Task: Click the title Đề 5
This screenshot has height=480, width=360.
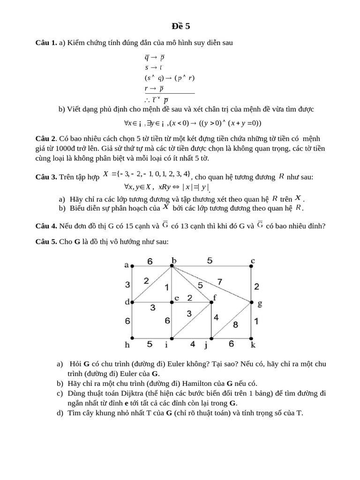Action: click(180, 26)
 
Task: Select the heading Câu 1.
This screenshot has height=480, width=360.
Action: click(46, 43)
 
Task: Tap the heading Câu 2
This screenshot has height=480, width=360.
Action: click(46, 139)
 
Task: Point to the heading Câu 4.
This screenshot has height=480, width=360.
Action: click(46, 225)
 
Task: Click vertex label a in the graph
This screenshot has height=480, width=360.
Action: click(126, 265)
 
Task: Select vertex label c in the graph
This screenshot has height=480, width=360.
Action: click(252, 261)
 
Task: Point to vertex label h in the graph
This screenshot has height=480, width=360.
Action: click(127, 345)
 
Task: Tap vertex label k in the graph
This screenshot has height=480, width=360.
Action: click(253, 345)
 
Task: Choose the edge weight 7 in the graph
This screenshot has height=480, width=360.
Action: click(219, 281)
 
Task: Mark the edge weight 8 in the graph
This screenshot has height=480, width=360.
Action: click(235, 324)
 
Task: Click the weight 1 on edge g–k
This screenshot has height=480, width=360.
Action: click(256, 321)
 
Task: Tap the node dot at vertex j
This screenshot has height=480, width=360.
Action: click(212, 337)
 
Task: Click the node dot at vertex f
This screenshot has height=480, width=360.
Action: click(212, 302)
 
